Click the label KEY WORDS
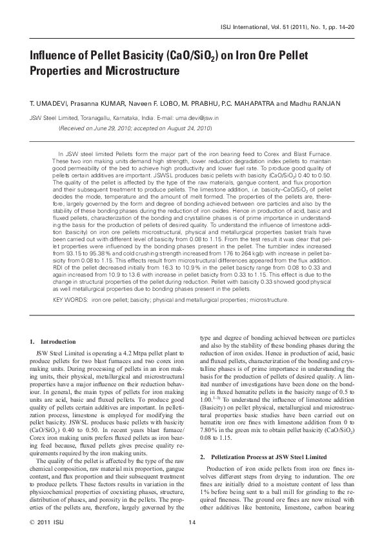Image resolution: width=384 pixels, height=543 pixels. (x=70, y=300)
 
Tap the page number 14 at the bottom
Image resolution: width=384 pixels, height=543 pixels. (x=192, y=522)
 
